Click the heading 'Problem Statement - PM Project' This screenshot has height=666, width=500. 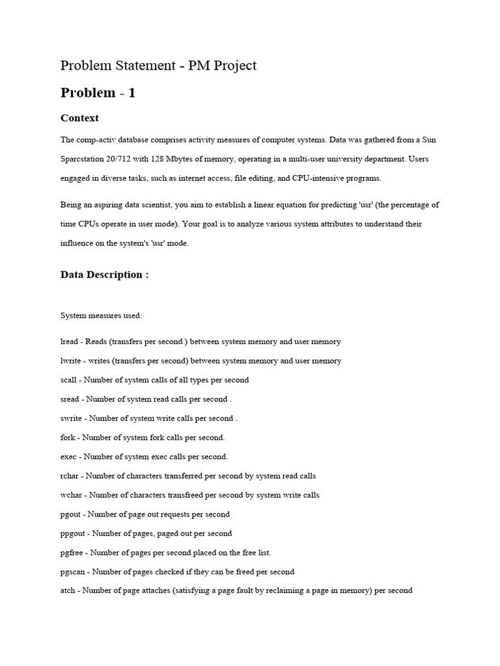tap(158, 66)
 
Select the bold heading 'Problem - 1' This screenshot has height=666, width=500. tap(98, 93)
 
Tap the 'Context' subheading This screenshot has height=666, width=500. tap(79, 118)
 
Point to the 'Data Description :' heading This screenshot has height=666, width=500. tap(104, 274)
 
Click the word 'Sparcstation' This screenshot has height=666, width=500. tap(81, 159)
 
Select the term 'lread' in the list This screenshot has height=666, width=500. tap(68, 341)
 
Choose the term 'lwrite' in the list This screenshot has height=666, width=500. tap(70, 361)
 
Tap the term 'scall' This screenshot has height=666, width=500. tap(68, 380)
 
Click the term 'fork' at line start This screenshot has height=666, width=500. tap(68, 438)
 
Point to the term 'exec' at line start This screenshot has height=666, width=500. tap(68, 457)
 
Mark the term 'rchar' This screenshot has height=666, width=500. tap(70, 476)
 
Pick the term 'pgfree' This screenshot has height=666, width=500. tap(72, 553)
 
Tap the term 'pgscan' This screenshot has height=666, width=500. tap(73, 572)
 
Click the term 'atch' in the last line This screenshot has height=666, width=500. tap(68, 591)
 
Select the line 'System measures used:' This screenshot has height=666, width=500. tap(101, 315)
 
